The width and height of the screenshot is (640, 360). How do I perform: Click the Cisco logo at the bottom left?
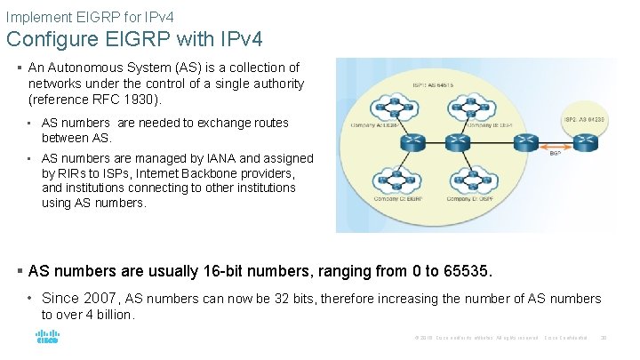pyautogui.click(x=46, y=338)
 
